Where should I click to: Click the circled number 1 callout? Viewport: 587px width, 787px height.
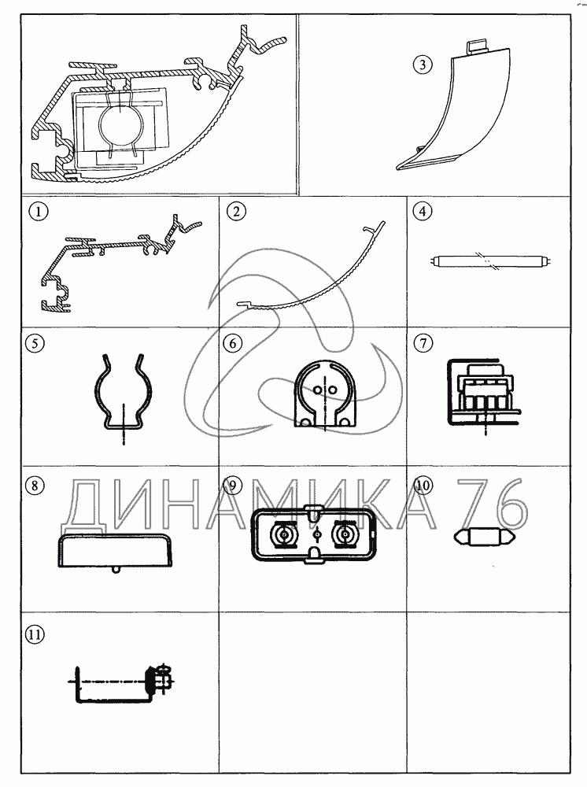point(38,211)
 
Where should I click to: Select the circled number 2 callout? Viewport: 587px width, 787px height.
point(236,211)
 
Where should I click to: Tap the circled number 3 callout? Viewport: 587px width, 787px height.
point(423,65)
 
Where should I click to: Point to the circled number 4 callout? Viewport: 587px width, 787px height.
point(423,211)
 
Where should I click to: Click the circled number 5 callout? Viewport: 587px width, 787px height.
point(34,343)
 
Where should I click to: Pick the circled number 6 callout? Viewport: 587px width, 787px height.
point(232,343)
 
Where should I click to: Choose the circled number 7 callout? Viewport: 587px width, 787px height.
point(423,343)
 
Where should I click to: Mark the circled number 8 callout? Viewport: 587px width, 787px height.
point(34,486)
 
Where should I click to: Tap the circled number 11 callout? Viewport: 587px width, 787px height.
point(34,634)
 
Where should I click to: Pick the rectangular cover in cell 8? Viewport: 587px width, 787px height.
point(116,551)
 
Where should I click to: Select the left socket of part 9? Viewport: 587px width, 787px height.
point(285,536)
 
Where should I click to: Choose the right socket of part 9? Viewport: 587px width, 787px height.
point(345,536)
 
